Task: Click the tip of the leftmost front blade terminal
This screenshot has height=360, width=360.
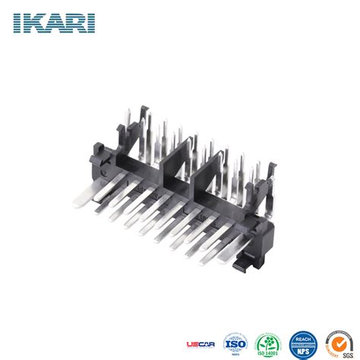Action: click(77, 204)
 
